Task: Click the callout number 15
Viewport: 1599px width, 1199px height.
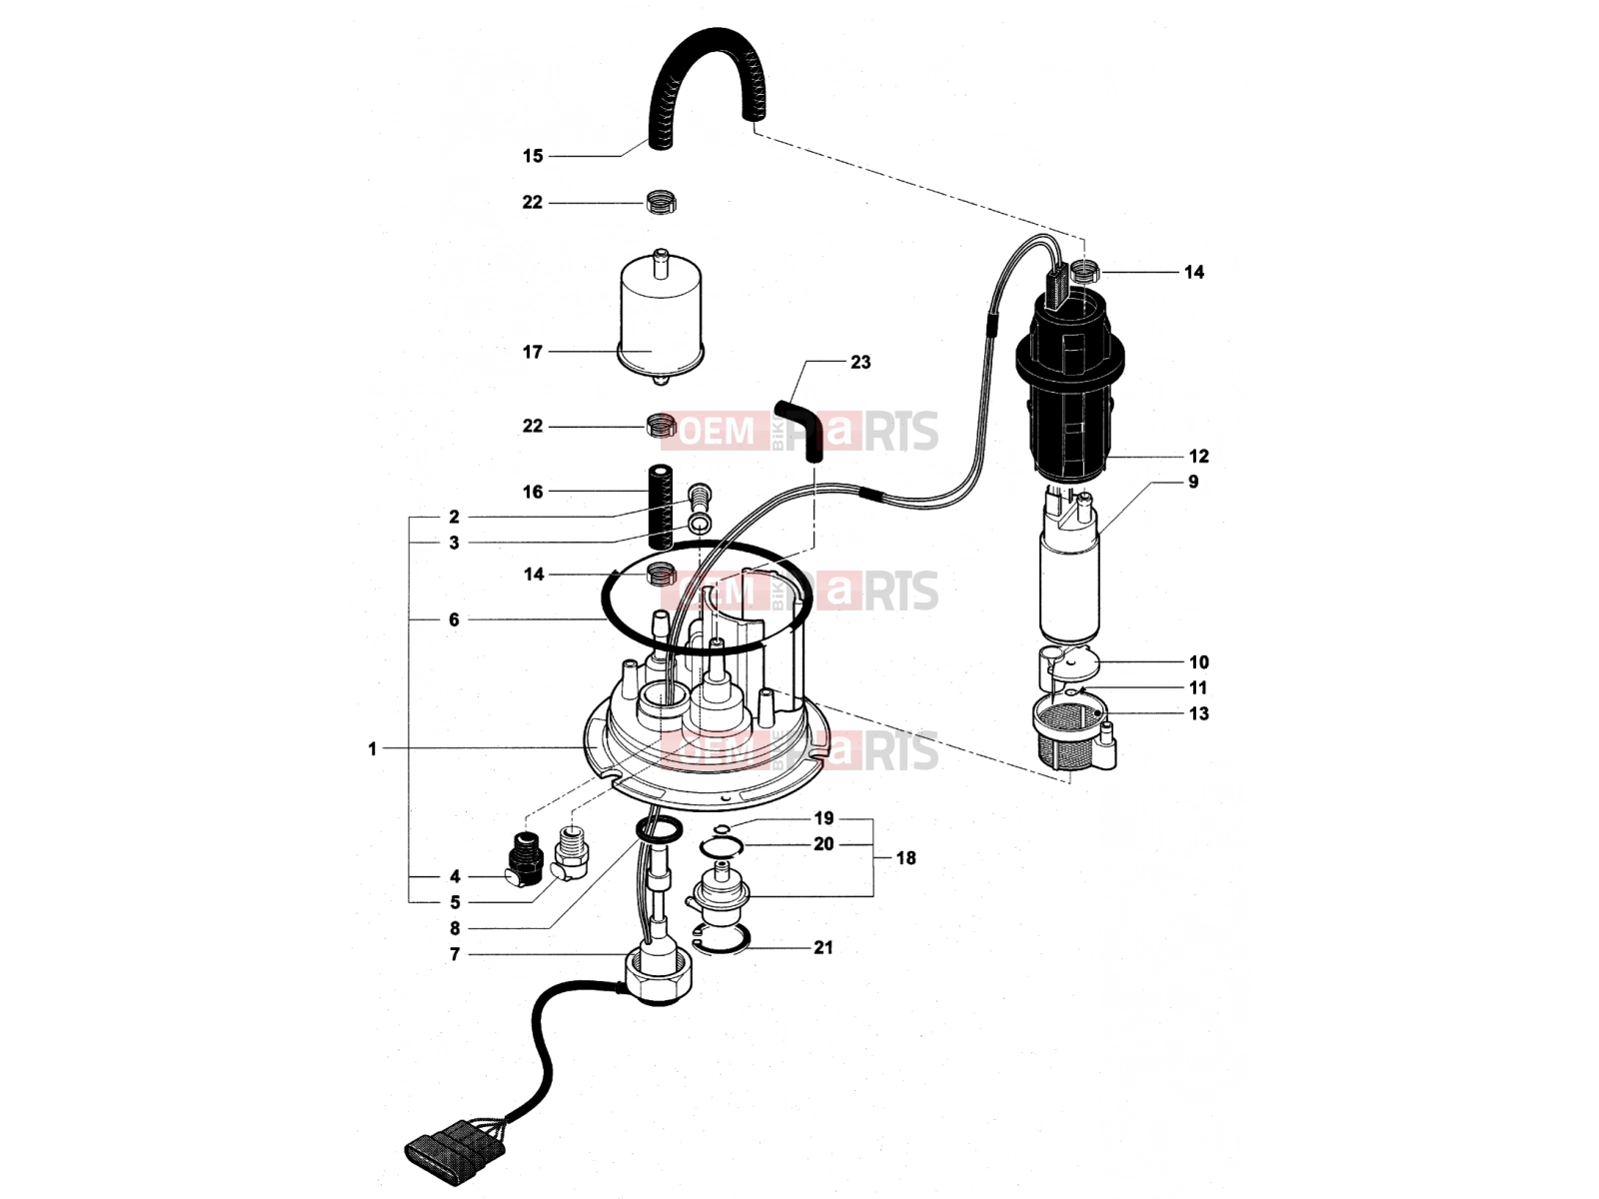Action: click(x=533, y=156)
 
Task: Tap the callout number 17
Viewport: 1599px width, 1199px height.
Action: click(x=533, y=353)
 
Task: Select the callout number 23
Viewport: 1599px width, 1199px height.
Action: click(x=860, y=363)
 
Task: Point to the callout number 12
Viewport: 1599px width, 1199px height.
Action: click(x=1198, y=457)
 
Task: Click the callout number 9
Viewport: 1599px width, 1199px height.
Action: click(x=1193, y=482)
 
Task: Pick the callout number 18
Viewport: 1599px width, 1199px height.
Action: click(x=905, y=858)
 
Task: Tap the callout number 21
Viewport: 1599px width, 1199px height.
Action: click(x=823, y=948)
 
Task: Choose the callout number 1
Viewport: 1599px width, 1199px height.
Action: click(x=372, y=749)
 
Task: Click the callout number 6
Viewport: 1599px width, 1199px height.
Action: click(x=454, y=620)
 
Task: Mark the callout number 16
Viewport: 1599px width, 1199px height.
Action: click(x=533, y=493)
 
